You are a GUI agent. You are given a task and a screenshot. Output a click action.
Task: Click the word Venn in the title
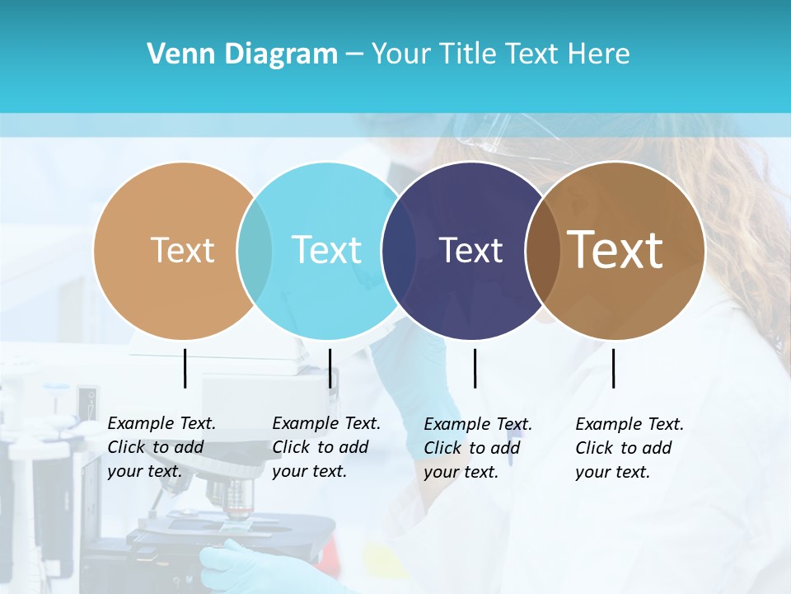click(175, 54)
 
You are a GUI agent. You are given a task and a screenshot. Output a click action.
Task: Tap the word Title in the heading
click(467, 54)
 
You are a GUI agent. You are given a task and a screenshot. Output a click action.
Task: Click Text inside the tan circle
click(182, 250)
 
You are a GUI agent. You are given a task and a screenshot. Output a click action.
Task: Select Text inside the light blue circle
click(326, 250)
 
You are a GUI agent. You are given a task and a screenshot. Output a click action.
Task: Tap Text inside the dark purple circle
click(470, 250)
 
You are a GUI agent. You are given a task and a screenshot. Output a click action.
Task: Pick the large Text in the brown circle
click(615, 250)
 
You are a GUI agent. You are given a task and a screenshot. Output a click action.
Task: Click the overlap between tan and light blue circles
click(255, 250)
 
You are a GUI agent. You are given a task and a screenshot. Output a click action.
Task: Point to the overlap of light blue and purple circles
click(399, 250)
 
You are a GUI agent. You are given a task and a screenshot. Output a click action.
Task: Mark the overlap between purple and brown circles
click(542, 250)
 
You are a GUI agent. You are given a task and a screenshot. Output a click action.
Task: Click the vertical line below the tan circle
click(185, 368)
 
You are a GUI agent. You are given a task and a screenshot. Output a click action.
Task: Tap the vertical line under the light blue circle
click(330, 368)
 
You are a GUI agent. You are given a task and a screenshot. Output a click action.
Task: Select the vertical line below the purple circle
click(475, 368)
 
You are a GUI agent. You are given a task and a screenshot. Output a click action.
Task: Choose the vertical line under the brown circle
click(614, 368)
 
